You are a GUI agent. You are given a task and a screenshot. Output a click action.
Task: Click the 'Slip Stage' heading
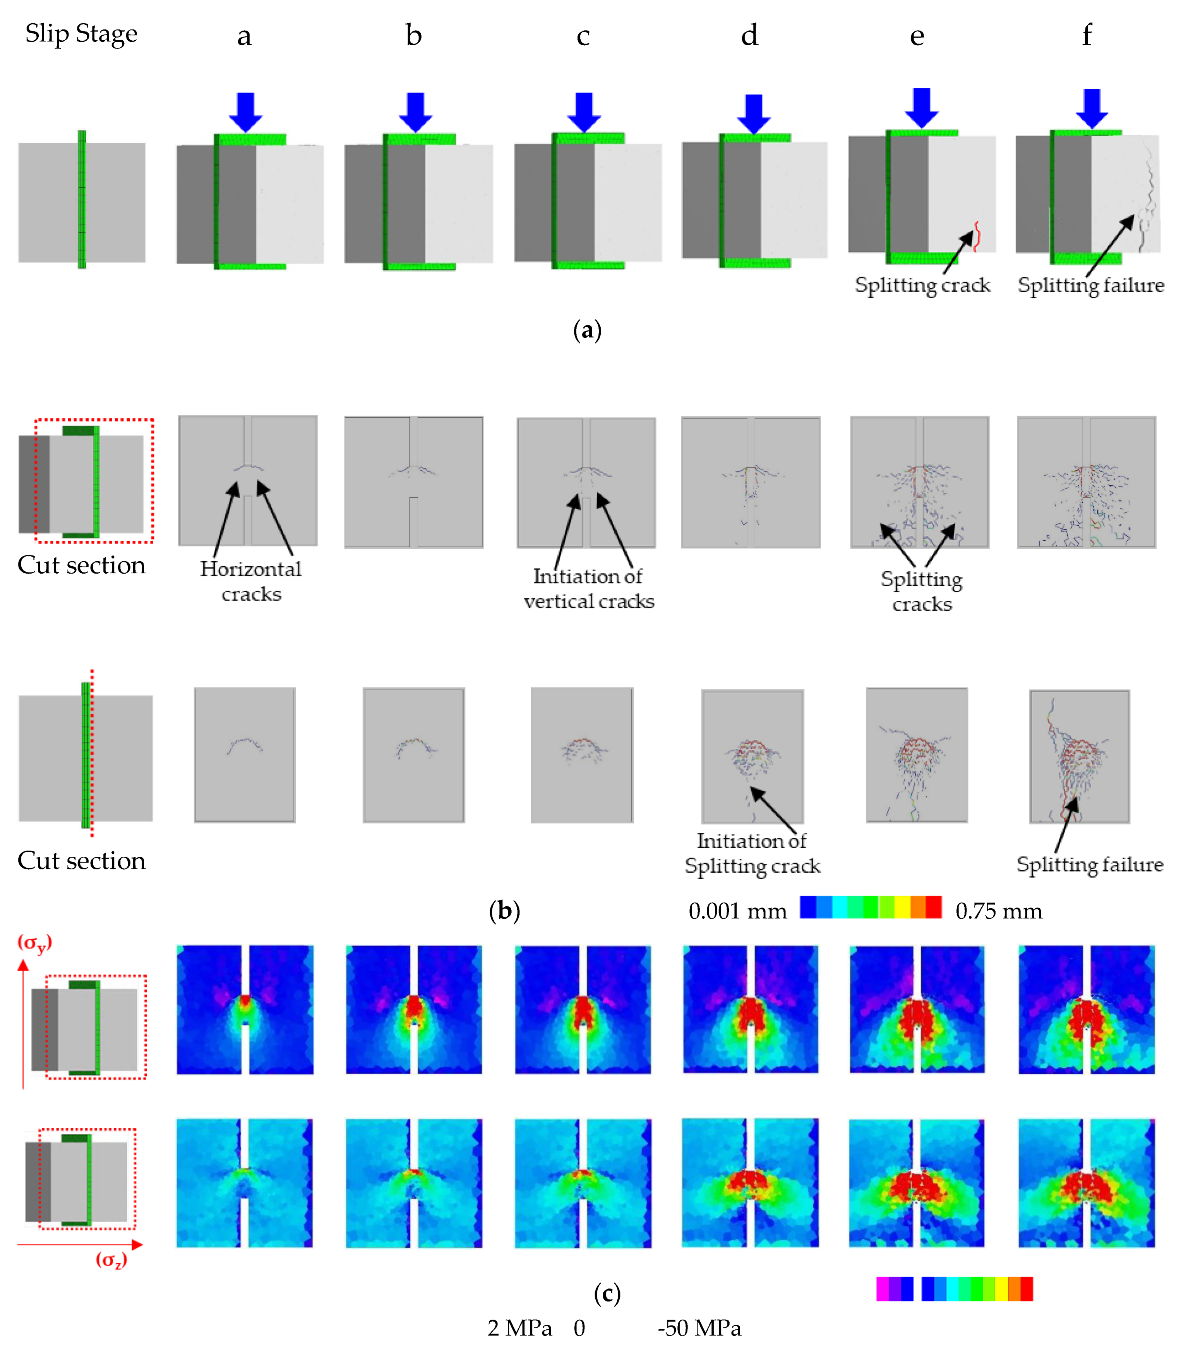[81, 33]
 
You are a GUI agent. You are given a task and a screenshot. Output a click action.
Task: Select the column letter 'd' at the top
[749, 35]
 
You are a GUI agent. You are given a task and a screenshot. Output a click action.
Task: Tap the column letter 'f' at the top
[1087, 34]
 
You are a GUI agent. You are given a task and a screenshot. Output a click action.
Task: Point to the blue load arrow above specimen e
[921, 108]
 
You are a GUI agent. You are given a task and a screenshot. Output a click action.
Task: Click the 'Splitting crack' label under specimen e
[922, 285]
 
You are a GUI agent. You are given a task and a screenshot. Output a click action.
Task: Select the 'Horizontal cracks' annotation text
[251, 581]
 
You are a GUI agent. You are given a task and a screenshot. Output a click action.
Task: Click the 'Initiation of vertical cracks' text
[588, 588]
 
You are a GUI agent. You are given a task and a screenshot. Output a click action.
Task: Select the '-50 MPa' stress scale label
[699, 1328]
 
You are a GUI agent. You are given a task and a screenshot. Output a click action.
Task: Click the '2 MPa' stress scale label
[519, 1328]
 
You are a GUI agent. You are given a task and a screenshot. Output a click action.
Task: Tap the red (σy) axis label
[34, 942]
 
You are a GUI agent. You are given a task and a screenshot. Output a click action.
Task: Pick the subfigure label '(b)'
[504, 911]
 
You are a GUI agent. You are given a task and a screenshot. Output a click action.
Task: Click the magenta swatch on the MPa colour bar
[882, 1289]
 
